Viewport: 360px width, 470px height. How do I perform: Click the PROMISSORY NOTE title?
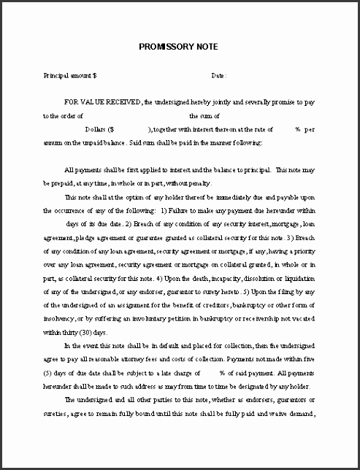click(x=180, y=46)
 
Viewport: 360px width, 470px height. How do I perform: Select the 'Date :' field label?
click(x=219, y=75)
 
